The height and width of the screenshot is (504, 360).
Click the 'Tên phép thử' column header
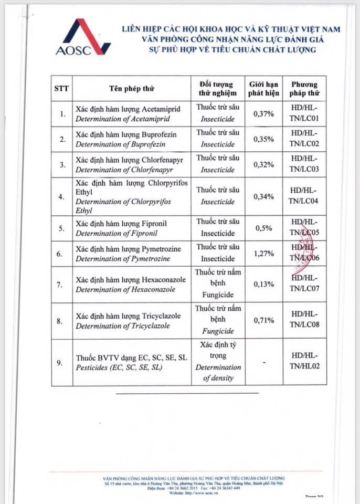[132, 88]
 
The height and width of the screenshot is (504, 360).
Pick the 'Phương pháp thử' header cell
[304, 88]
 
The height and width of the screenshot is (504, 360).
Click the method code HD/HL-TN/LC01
[304, 114]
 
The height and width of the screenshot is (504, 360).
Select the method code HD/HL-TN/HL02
[304, 362]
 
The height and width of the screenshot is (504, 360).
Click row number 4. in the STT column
[62, 196]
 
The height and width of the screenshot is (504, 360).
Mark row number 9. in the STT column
[62, 362]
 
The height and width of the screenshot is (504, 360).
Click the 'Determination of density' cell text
[218, 373]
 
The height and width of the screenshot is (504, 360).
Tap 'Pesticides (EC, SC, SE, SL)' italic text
[119, 367]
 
